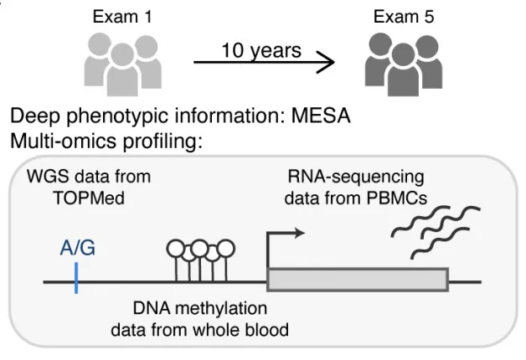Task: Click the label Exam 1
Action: point(122,17)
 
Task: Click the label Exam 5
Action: point(404,17)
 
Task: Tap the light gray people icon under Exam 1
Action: point(123,64)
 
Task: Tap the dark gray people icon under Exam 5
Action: point(404,64)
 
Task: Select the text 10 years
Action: point(261,50)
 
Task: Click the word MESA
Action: point(321,116)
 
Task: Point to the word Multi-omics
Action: point(63,141)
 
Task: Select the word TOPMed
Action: point(89,198)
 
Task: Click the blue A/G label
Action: point(78,249)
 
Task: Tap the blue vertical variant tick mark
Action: point(76,278)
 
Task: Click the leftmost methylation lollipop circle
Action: point(176,249)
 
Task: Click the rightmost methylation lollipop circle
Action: point(226,249)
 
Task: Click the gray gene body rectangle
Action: point(358,280)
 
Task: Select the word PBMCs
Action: point(396,198)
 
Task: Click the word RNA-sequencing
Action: point(356,177)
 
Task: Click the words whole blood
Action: point(241,330)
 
